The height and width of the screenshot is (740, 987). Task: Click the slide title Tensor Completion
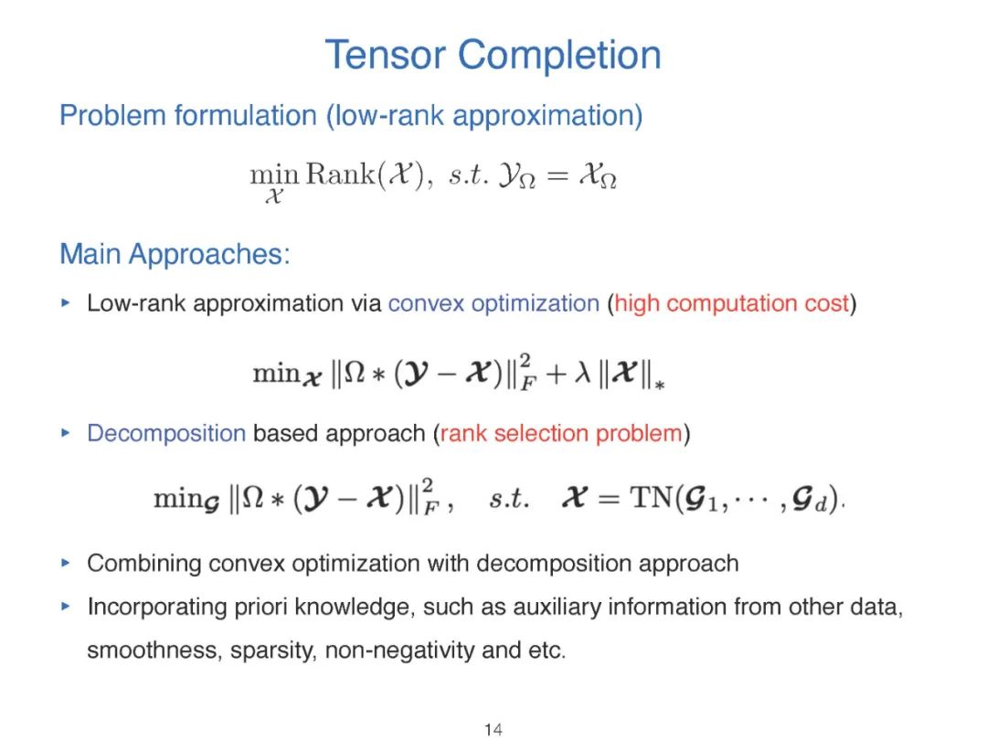[x=493, y=55]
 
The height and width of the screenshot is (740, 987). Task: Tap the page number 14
[x=493, y=728]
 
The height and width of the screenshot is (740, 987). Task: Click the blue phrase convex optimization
[x=493, y=303]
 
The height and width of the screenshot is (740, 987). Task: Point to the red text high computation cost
[x=732, y=303]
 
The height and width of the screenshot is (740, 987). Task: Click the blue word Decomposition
[x=166, y=433]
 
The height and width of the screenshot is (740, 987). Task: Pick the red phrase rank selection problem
[x=561, y=433]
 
